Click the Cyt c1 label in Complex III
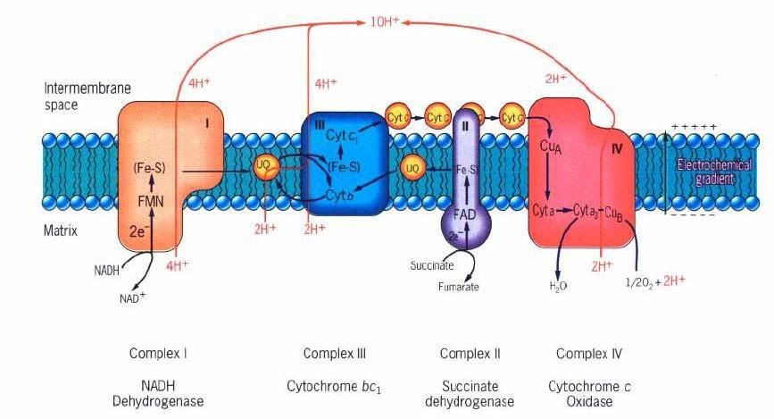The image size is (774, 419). point(342,135)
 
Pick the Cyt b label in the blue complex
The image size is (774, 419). point(337,194)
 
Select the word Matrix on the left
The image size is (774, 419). point(61,230)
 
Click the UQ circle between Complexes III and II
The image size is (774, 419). point(412,166)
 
